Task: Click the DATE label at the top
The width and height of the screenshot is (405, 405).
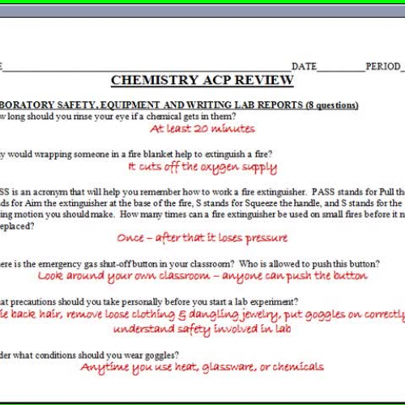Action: pyautogui.click(x=305, y=66)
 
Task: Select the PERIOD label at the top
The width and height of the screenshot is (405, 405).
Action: pyautogui.click(x=382, y=66)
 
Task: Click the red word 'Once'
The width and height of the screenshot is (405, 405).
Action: pyautogui.click(x=131, y=238)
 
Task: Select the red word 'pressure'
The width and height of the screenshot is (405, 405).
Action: pyautogui.click(x=265, y=238)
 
